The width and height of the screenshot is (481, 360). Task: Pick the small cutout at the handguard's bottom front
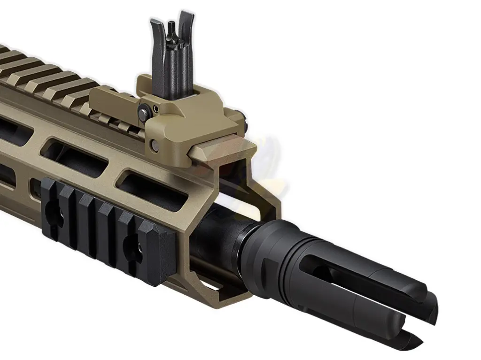214,285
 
